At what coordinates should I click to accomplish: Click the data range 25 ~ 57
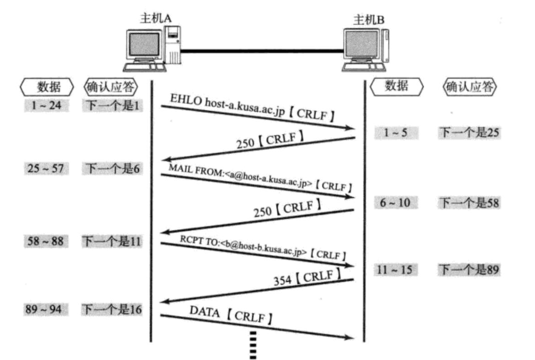coord(46,169)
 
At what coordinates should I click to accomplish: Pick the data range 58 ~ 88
coord(46,241)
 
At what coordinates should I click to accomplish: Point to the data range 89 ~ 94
coord(46,310)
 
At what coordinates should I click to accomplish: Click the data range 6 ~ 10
coord(395,203)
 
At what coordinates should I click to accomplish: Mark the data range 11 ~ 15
coord(395,270)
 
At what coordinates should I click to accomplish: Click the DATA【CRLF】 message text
coord(231,315)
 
